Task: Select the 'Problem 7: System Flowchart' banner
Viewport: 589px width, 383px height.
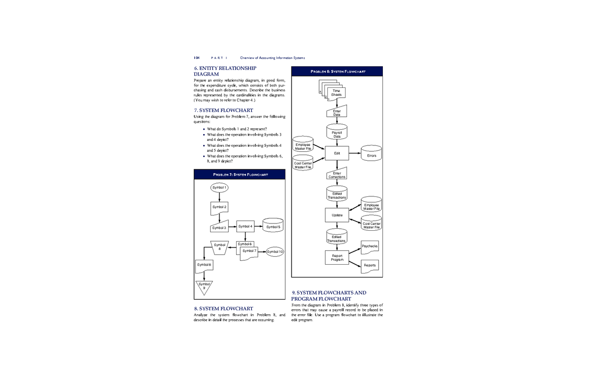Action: click(240, 175)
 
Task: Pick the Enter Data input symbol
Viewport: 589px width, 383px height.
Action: click(337, 113)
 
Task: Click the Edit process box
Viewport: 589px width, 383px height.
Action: click(337, 153)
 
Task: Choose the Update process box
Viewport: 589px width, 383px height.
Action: click(337, 215)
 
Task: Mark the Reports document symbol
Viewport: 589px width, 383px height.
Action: click(370, 265)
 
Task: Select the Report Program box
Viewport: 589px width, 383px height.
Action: click(337, 257)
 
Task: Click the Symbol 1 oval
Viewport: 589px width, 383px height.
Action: click(219, 187)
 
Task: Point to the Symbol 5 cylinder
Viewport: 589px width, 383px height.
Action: click(273, 226)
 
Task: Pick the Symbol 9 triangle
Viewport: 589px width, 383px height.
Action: click(204, 287)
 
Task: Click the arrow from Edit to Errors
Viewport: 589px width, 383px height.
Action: click(354, 154)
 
